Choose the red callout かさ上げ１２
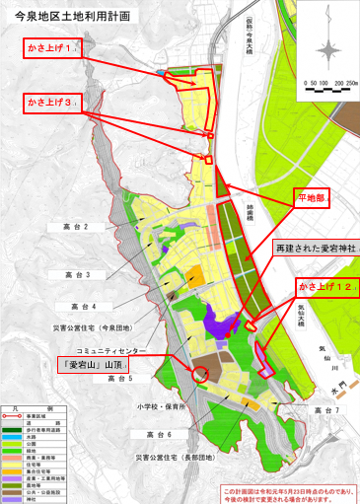click(x=324, y=285)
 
